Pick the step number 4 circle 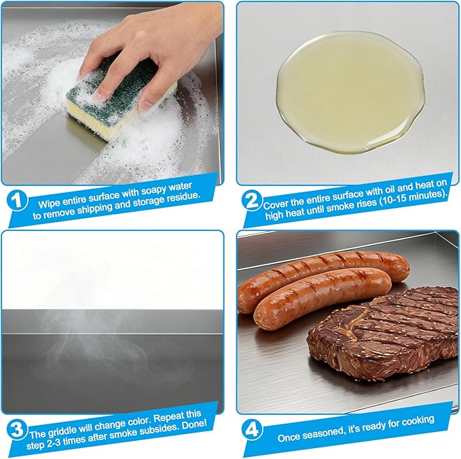[252, 430]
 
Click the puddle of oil [350, 92]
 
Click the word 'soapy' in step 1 [154, 191]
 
